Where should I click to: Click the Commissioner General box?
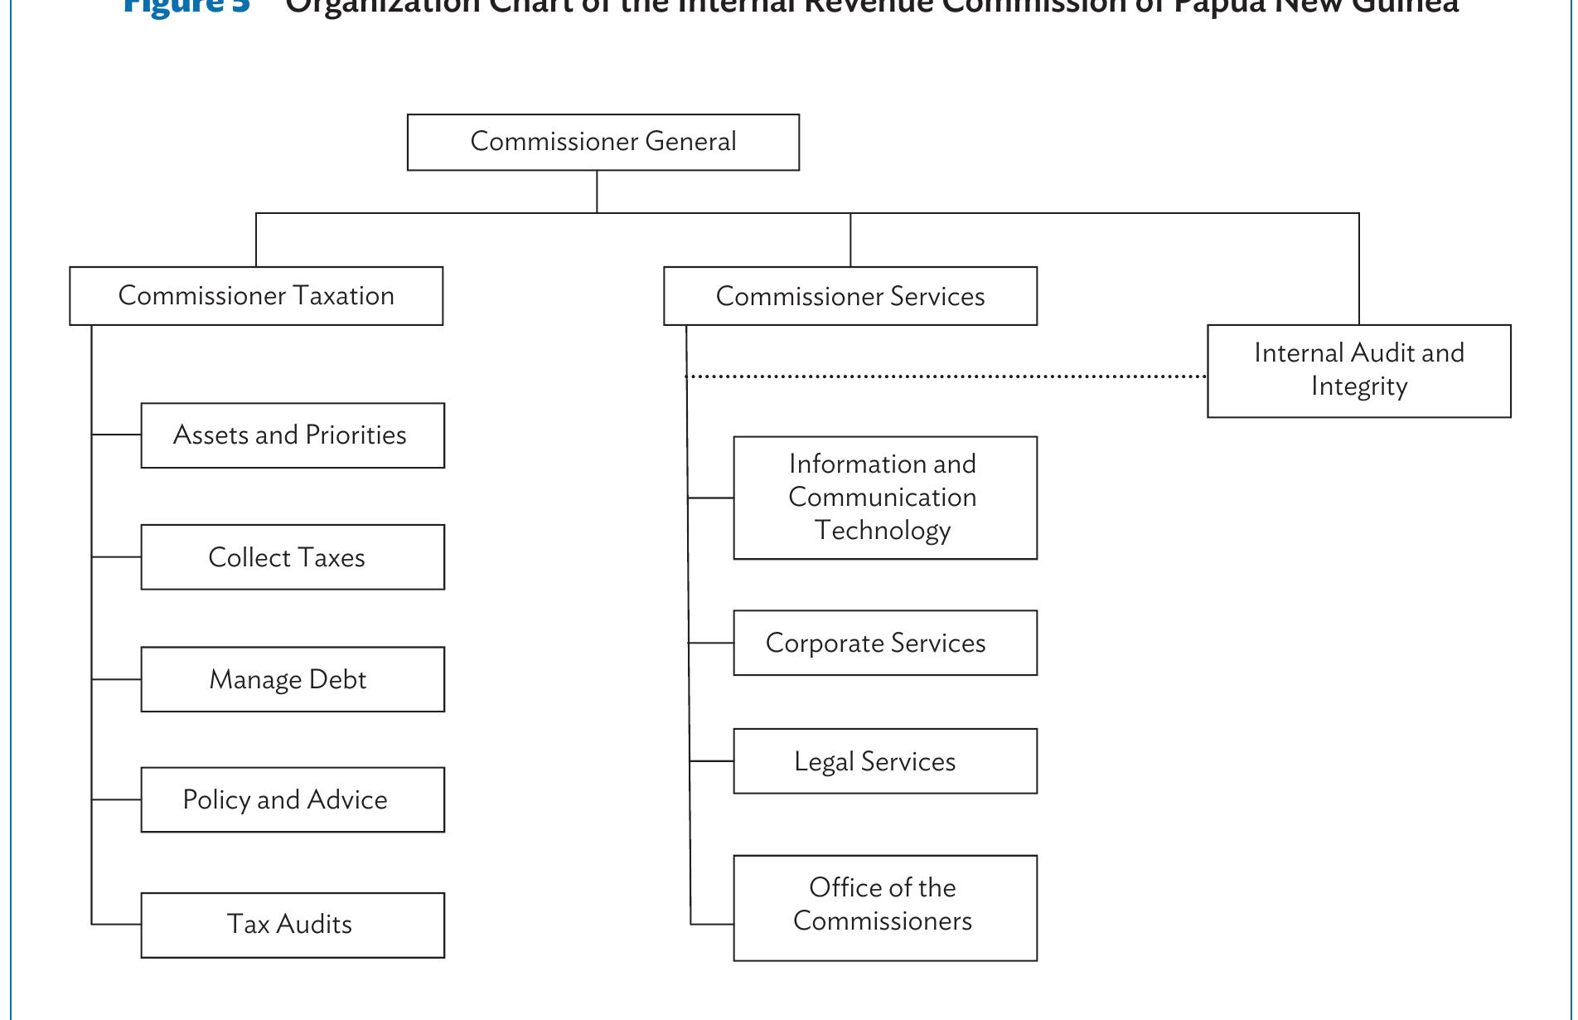pyautogui.click(x=603, y=142)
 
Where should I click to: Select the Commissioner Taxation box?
pyautogui.click(x=256, y=296)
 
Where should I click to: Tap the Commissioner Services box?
pyautogui.click(x=850, y=296)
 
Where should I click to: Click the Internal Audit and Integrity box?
pyautogui.click(x=1358, y=371)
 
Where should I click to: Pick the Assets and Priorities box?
pyautogui.click(x=293, y=435)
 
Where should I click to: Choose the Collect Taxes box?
pyautogui.click(x=293, y=557)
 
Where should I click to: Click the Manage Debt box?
pyautogui.click(x=293, y=679)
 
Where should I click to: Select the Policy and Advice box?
pyautogui.click(x=293, y=799)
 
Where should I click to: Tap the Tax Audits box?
pyautogui.click(x=293, y=925)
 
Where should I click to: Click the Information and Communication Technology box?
pyautogui.click(x=884, y=498)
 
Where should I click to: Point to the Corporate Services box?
pyautogui.click(x=884, y=643)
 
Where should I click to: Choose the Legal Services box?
pyautogui.click(x=884, y=761)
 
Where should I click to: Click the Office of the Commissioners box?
pyautogui.click(x=884, y=908)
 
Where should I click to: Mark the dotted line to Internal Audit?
pyautogui.click(x=945, y=376)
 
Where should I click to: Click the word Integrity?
pyautogui.click(x=1358, y=387)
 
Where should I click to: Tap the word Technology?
pyautogui.click(x=882, y=531)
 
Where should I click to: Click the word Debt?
pyautogui.click(x=337, y=679)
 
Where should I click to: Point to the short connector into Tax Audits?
pyautogui.click(x=116, y=923)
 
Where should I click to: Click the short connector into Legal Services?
pyautogui.click(x=712, y=760)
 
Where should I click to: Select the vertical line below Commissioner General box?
pyautogui.click(x=597, y=192)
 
